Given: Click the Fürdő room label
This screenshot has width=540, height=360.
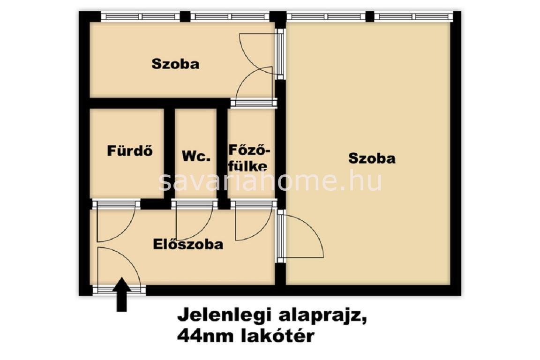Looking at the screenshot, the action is pyautogui.click(x=130, y=151).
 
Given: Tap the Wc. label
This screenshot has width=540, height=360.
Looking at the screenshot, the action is pyautogui.click(x=196, y=157).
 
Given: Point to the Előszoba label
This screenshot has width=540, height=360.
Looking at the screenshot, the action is pyautogui.click(x=188, y=244).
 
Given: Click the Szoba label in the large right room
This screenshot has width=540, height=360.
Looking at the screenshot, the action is pyautogui.click(x=372, y=158).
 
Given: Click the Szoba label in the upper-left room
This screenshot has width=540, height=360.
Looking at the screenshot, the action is pyautogui.click(x=176, y=64).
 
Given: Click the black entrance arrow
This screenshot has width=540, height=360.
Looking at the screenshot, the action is pyautogui.click(x=121, y=295).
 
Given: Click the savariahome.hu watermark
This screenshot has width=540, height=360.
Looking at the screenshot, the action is pyautogui.click(x=270, y=181).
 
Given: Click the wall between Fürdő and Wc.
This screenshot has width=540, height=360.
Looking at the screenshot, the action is pyautogui.click(x=169, y=154).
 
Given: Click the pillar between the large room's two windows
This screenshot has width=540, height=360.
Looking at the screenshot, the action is pyautogui.click(x=370, y=16).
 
